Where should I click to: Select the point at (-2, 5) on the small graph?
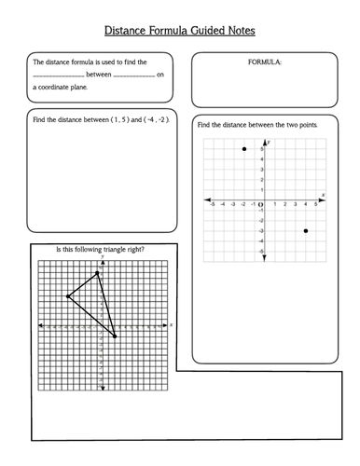(x=244, y=149)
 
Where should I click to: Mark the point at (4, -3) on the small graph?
(x=306, y=230)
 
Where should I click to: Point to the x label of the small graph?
(x=323, y=195)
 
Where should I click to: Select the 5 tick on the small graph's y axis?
(x=262, y=149)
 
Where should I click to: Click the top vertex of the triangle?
(x=98, y=273)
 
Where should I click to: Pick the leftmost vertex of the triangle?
(x=67, y=297)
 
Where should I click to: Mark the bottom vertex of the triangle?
(x=115, y=336)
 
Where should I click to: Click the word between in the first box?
(x=97, y=75)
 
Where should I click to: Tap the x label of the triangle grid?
(x=172, y=323)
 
